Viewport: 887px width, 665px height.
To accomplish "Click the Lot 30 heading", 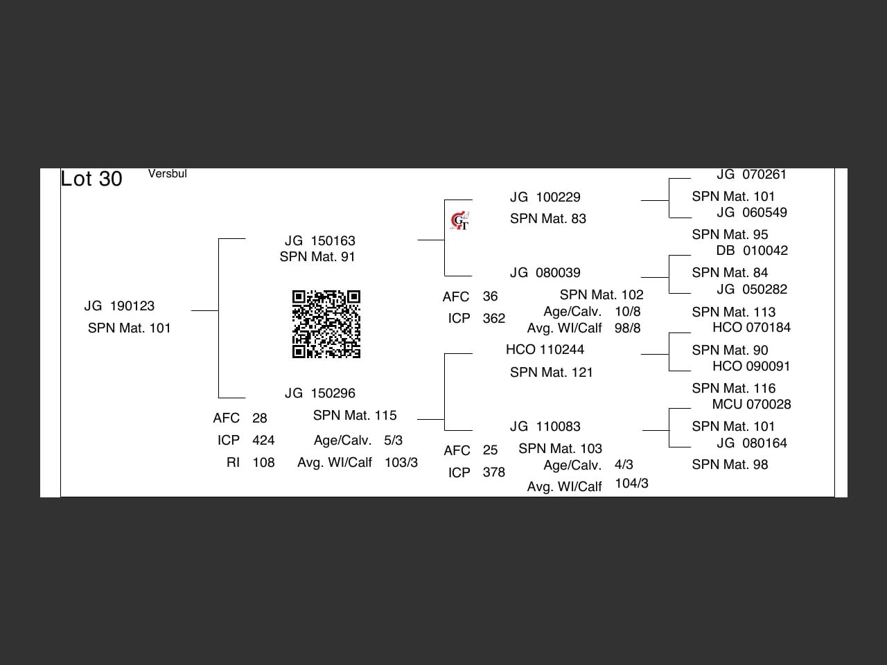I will (91, 179).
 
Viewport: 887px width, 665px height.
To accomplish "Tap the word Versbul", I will (167, 174).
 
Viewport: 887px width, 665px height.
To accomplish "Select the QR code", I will (326, 324).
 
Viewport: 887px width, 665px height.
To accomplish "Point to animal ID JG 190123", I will (119, 306).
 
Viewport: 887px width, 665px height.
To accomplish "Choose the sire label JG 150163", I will (319, 241).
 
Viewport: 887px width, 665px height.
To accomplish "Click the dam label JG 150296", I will (319, 393).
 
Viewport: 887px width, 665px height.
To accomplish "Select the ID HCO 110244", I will (545, 350).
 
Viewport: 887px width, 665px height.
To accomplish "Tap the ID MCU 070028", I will (751, 405).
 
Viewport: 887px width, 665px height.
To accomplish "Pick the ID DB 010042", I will (752, 251).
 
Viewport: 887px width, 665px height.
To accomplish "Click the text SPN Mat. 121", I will (552, 373).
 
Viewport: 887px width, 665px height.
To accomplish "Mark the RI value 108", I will (263, 463).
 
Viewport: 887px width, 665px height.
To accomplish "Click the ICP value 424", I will (263, 441).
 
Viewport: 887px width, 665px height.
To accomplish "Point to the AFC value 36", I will (490, 296).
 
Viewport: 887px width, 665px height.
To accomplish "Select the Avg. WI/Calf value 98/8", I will (627, 328).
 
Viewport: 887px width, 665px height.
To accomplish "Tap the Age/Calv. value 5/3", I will (393, 441).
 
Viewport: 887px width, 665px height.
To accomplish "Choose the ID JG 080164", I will (752, 443).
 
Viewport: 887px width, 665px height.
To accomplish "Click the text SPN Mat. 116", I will (733, 389).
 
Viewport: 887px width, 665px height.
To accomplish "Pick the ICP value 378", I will (493, 472).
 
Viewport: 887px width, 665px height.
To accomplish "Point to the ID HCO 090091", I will (751, 366).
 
